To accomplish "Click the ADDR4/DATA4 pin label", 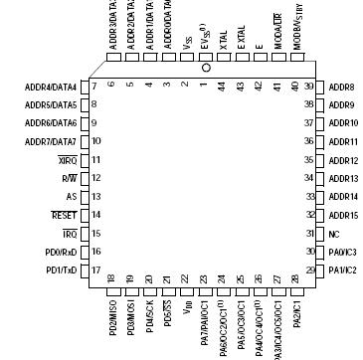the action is click(x=51, y=88).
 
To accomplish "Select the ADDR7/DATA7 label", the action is click(x=51, y=141).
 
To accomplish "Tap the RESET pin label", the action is click(x=64, y=214).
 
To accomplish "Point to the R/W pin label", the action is click(x=68, y=178).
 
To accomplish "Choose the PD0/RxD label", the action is click(x=59, y=251).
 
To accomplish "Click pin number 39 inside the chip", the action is click(x=311, y=88).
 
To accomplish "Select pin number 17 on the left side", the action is click(x=95, y=270).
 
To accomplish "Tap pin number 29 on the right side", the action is click(x=311, y=270).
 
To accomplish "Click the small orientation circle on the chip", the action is click(x=206, y=69).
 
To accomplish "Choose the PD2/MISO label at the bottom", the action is click(x=111, y=314).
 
